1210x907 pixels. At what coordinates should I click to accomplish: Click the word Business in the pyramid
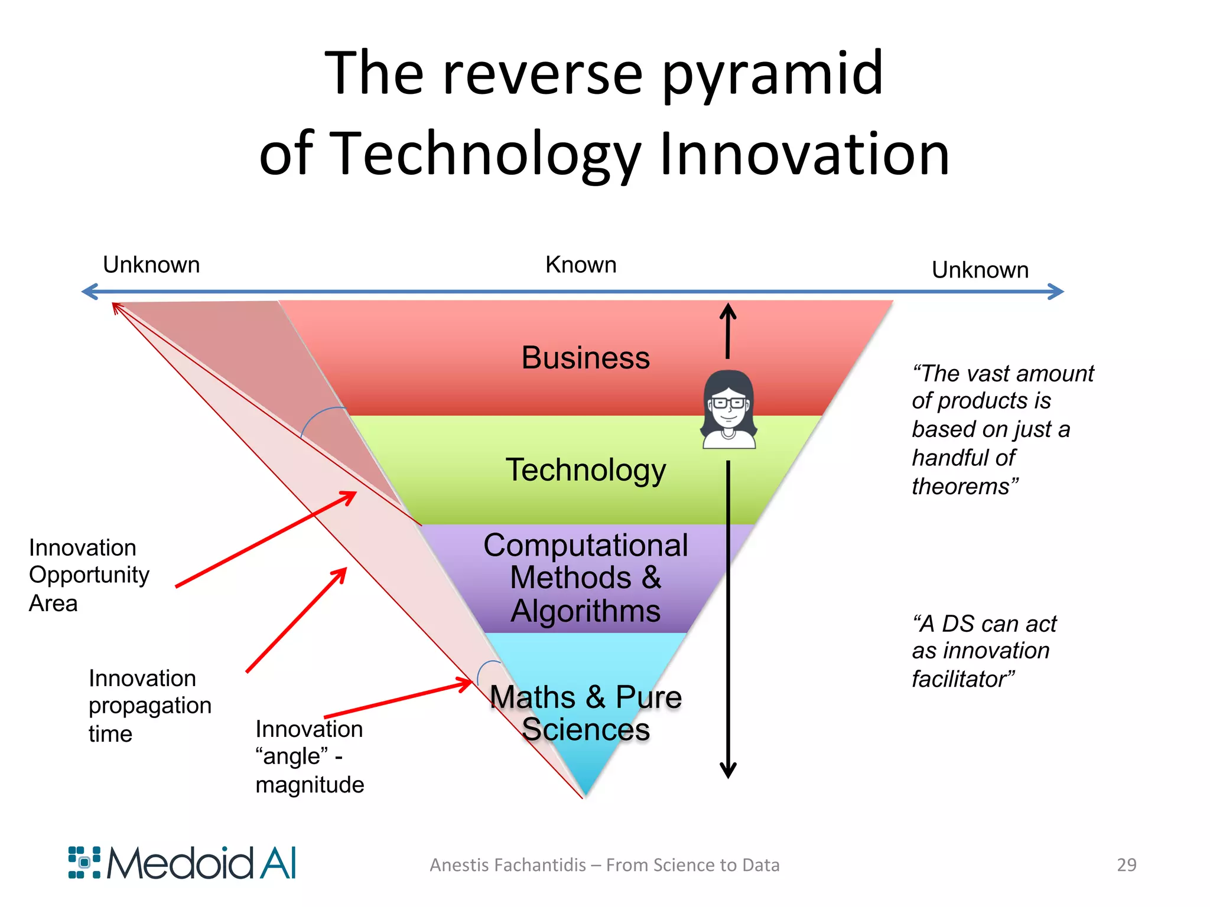click(x=586, y=358)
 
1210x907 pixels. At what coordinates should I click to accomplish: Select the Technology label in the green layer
click(x=586, y=470)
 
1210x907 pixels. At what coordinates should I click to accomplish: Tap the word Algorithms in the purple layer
click(x=586, y=611)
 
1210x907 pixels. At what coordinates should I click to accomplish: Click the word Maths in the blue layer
click(x=532, y=697)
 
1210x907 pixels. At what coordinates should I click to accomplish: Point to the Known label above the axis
click(x=581, y=265)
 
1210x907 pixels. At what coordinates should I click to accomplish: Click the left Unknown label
click(x=151, y=265)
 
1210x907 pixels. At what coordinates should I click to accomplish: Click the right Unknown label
click(x=980, y=270)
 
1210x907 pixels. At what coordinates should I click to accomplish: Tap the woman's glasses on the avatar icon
click(x=728, y=403)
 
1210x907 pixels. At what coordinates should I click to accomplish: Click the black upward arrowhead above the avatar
click(x=728, y=311)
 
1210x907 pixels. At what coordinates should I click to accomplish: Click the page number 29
click(x=1126, y=864)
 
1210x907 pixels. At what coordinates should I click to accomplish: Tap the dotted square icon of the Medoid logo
click(x=84, y=863)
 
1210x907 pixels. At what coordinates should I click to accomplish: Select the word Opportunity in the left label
click(x=89, y=575)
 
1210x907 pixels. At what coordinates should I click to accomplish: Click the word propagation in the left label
click(x=150, y=706)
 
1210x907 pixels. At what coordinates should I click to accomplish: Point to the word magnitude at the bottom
click(x=310, y=785)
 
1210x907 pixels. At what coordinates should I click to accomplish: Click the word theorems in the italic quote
click(x=965, y=487)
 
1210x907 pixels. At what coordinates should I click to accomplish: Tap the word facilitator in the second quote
click(x=962, y=679)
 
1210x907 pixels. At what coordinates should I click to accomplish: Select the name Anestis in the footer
click(x=459, y=865)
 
